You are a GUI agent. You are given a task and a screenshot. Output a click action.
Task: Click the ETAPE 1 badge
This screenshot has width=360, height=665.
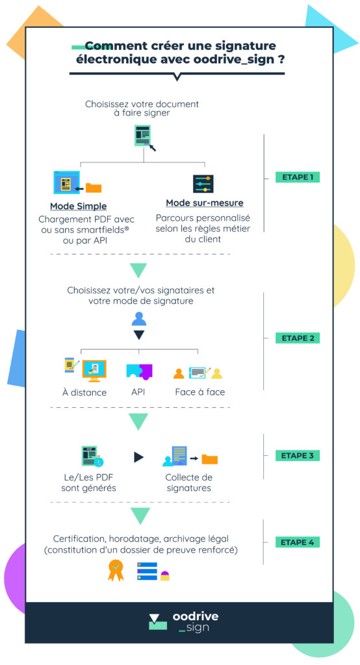[297, 177]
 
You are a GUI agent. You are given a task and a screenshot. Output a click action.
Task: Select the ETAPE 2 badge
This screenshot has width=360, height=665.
[297, 338]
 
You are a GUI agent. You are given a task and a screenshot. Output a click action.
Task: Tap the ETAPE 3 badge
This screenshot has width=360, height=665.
[297, 455]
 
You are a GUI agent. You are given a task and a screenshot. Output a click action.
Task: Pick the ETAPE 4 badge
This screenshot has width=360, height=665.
[297, 542]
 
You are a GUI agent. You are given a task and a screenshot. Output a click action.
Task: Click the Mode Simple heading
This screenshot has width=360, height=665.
[79, 207]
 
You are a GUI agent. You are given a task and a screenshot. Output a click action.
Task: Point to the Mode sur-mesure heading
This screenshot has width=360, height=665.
[205, 203]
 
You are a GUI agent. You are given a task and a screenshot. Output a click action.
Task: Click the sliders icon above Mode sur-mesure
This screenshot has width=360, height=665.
[203, 184]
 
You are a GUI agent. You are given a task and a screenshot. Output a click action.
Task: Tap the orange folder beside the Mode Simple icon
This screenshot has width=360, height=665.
[94, 188]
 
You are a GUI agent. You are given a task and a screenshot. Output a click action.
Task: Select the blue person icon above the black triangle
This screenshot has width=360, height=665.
[139, 319]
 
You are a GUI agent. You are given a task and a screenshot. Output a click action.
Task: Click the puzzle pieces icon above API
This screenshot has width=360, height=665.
[139, 371]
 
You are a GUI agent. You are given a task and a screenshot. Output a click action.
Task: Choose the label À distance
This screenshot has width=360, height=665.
[84, 393]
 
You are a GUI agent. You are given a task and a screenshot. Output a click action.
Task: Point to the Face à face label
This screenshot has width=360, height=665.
[200, 392]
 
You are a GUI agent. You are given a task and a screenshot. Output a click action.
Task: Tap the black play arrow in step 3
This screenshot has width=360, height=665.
[139, 457]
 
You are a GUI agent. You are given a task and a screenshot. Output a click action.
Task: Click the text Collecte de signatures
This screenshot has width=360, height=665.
[189, 483]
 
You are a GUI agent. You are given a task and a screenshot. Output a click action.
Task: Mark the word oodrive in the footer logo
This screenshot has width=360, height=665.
[196, 616]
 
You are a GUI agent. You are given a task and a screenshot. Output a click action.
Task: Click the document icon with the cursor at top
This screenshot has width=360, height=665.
[144, 137]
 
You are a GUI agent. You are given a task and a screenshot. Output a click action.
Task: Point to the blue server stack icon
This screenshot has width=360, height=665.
[147, 571]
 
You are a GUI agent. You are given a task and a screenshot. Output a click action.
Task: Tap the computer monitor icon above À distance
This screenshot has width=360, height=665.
[94, 370]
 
